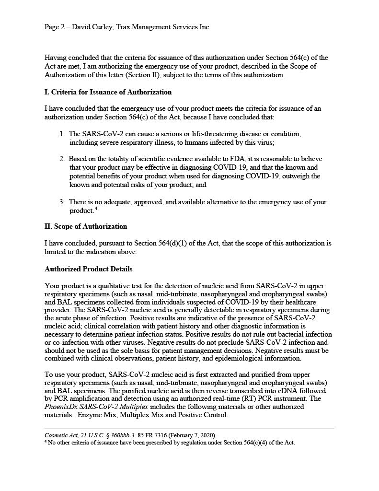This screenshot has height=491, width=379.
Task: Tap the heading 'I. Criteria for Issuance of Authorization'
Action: [x=108, y=92]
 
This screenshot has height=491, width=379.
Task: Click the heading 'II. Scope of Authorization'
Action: [x=86, y=226]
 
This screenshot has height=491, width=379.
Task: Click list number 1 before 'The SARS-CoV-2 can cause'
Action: [x=62, y=134]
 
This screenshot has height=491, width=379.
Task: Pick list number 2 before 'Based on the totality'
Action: [x=62, y=159]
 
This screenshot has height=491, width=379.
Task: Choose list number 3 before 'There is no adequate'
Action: [x=62, y=202]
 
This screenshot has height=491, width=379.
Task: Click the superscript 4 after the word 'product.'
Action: [x=96, y=209]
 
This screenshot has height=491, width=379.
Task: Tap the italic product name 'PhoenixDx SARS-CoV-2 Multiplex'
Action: [x=96, y=407]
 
